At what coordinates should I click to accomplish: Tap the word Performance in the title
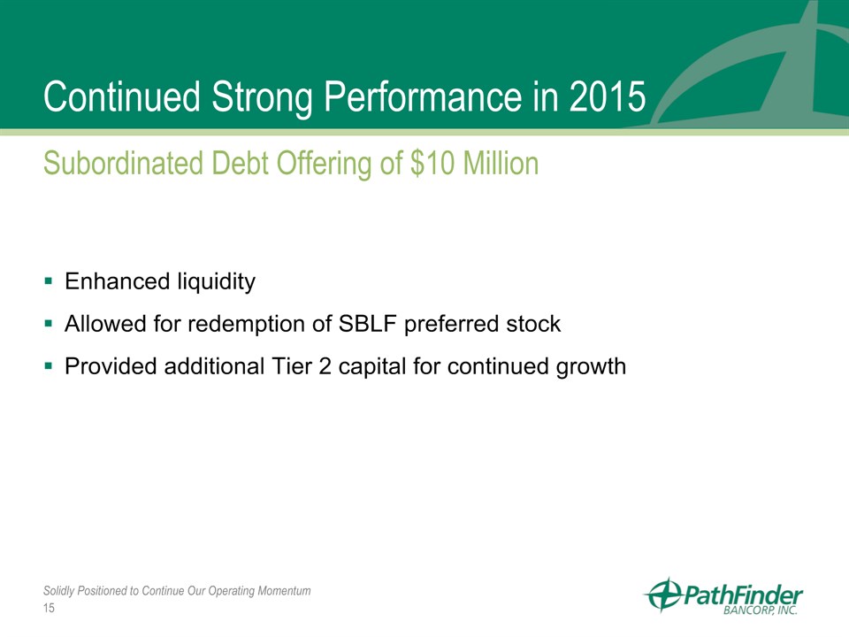(x=423, y=96)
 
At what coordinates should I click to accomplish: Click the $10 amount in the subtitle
(x=432, y=163)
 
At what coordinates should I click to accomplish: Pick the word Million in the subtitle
(x=501, y=163)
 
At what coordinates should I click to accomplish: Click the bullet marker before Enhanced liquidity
(x=49, y=281)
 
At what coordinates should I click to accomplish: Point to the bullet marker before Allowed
(x=49, y=324)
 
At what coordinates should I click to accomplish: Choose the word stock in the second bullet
(x=533, y=324)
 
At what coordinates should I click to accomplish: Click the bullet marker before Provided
(x=49, y=366)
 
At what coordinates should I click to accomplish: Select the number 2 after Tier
(x=325, y=366)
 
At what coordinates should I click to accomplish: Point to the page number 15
(x=49, y=608)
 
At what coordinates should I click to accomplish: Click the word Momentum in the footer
(x=284, y=590)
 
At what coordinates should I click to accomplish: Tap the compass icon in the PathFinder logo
(x=663, y=595)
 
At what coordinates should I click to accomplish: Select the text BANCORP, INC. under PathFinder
(x=761, y=610)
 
